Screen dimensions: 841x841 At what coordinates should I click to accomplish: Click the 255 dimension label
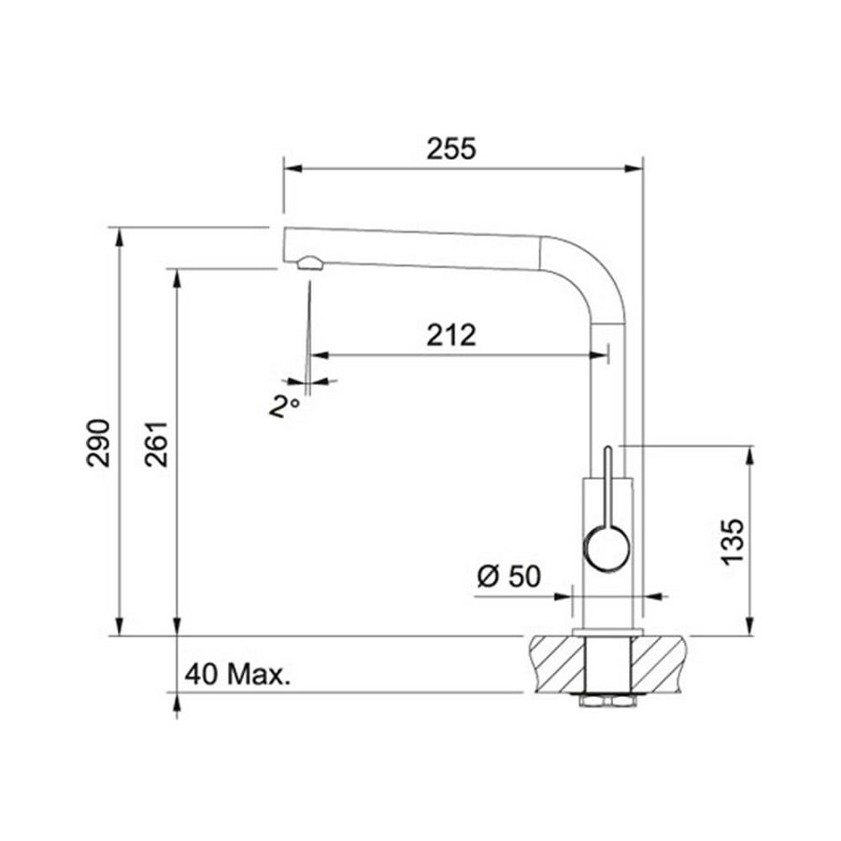(451, 149)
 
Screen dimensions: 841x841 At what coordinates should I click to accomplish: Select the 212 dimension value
(451, 335)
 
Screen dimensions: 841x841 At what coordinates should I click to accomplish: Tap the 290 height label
(98, 443)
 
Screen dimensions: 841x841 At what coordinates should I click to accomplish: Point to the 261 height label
(157, 444)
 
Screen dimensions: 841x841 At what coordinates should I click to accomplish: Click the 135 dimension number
(732, 542)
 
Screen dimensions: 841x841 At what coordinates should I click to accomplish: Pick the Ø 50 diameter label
(509, 577)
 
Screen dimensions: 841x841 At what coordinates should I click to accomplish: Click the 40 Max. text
(237, 674)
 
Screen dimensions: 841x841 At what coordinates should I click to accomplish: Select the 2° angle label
(284, 406)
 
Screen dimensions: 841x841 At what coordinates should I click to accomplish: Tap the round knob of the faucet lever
(606, 549)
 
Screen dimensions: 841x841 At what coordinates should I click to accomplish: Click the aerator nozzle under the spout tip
(309, 263)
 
